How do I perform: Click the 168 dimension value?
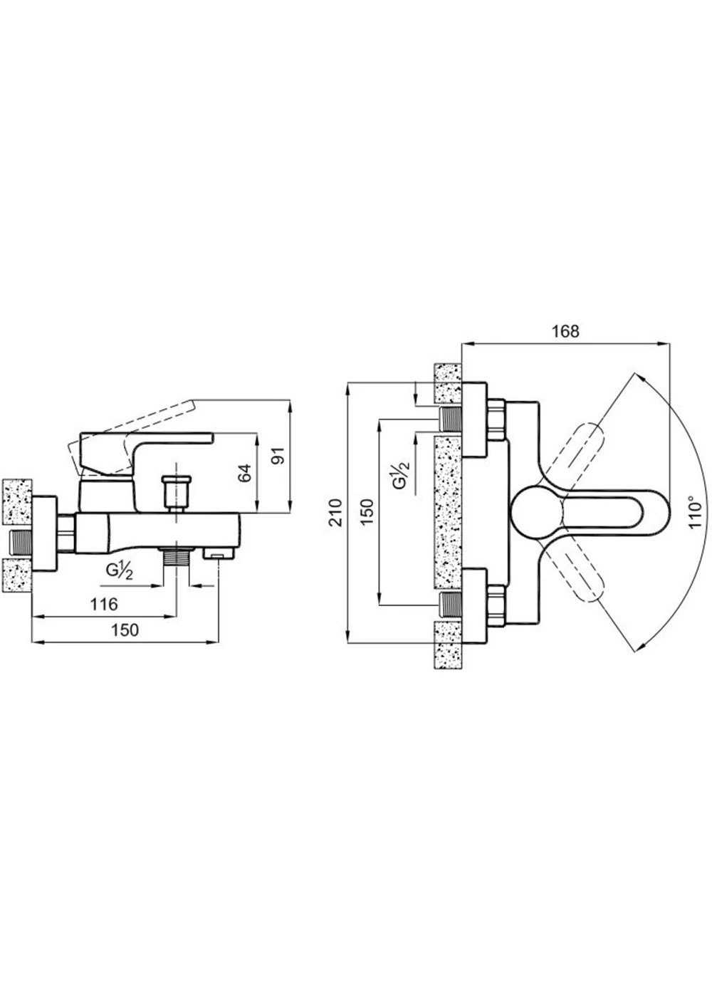pyautogui.click(x=565, y=332)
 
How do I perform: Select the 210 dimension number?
pyautogui.click(x=336, y=513)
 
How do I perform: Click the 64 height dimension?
pyautogui.click(x=244, y=472)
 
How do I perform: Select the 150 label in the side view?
pyautogui.click(x=125, y=630)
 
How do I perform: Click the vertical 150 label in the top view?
pyautogui.click(x=367, y=512)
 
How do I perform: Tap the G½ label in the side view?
pyautogui.click(x=120, y=570)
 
